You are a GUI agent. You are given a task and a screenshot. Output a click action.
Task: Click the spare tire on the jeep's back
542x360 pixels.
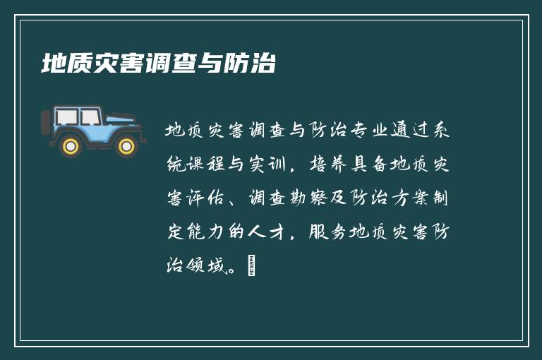click(x=47, y=123)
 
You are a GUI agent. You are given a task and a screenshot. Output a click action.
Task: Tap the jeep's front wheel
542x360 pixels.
click(x=126, y=145)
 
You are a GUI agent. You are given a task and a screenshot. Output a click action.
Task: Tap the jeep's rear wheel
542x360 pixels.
click(x=71, y=145)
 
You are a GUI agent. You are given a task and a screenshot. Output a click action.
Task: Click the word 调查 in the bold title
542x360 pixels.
click(x=164, y=64)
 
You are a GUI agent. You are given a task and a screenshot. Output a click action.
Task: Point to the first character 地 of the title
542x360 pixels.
click(x=52, y=64)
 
